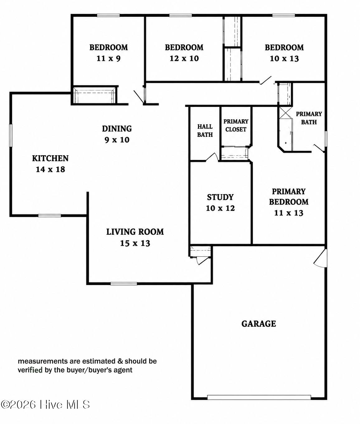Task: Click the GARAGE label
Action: click(x=258, y=324)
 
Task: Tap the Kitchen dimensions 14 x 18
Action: click(x=50, y=169)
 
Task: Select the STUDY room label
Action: click(x=220, y=197)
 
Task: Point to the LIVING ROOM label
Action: click(x=135, y=232)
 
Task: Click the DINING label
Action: click(x=117, y=129)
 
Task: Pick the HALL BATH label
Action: click(x=205, y=131)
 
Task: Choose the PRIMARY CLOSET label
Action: click(x=236, y=125)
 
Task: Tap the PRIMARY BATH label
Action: click(x=309, y=118)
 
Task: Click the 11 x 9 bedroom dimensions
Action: click(x=109, y=59)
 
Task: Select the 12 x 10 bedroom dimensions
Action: click(x=184, y=59)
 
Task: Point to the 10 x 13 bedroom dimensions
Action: click(x=284, y=59)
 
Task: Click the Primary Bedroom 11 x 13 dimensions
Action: click(x=289, y=213)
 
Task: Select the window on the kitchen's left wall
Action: click(x=11, y=135)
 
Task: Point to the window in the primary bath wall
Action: click(x=326, y=139)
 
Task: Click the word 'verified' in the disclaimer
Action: click(x=30, y=370)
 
